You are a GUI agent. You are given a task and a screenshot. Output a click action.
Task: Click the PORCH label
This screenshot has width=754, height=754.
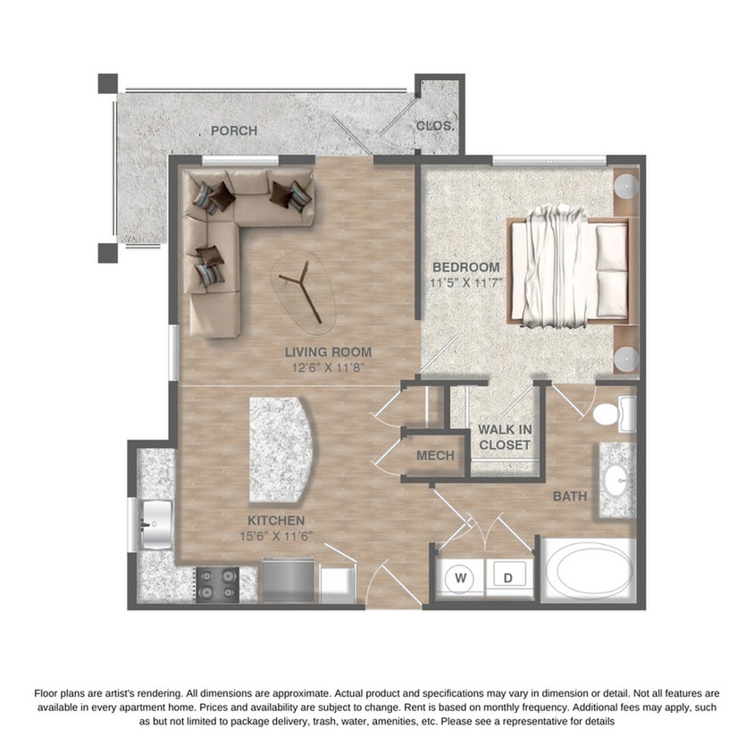pyautogui.click(x=234, y=130)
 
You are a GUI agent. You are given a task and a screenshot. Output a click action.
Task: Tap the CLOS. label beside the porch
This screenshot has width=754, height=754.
pyautogui.click(x=435, y=126)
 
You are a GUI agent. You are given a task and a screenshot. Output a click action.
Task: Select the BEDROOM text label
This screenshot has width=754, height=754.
pyautogui.click(x=466, y=267)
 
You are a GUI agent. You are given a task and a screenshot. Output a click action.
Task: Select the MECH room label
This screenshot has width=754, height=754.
pyautogui.click(x=436, y=456)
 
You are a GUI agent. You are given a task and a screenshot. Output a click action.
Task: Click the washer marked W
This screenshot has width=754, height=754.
pyautogui.click(x=461, y=577)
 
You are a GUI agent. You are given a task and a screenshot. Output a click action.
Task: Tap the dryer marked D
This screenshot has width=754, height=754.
pyautogui.click(x=507, y=577)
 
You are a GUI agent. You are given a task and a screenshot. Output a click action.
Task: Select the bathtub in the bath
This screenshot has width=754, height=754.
pyautogui.click(x=587, y=573)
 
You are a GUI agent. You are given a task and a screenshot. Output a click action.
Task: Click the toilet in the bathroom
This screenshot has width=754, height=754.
pyautogui.click(x=612, y=414)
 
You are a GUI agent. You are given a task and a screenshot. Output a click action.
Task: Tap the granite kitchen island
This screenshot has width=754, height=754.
pyautogui.click(x=281, y=450)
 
